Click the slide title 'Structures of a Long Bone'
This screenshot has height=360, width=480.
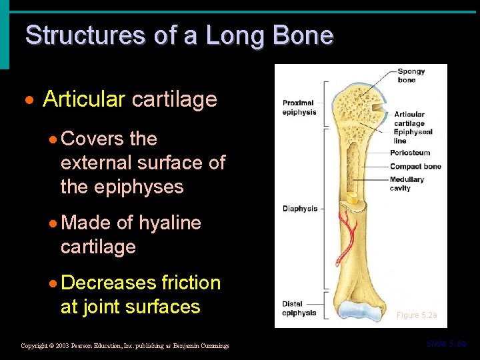(x=179, y=35)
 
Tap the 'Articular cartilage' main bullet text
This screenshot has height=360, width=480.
(x=130, y=99)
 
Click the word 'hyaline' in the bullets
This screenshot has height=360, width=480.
(x=169, y=223)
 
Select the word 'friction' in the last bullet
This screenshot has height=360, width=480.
(x=191, y=283)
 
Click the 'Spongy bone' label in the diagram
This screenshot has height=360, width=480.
(x=411, y=76)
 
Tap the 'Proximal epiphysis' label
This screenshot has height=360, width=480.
(x=298, y=107)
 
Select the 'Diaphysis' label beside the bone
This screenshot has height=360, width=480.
(x=300, y=209)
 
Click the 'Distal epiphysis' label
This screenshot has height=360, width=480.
(x=299, y=309)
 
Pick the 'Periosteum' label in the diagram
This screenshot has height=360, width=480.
(x=410, y=153)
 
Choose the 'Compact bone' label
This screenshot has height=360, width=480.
(x=415, y=167)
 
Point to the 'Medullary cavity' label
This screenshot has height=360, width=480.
(x=407, y=183)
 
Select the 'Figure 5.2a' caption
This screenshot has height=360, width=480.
(x=417, y=315)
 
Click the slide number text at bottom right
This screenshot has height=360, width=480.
(x=446, y=344)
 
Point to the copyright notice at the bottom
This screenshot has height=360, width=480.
(x=125, y=346)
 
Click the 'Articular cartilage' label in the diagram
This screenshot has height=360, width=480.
(x=409, y=119)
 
